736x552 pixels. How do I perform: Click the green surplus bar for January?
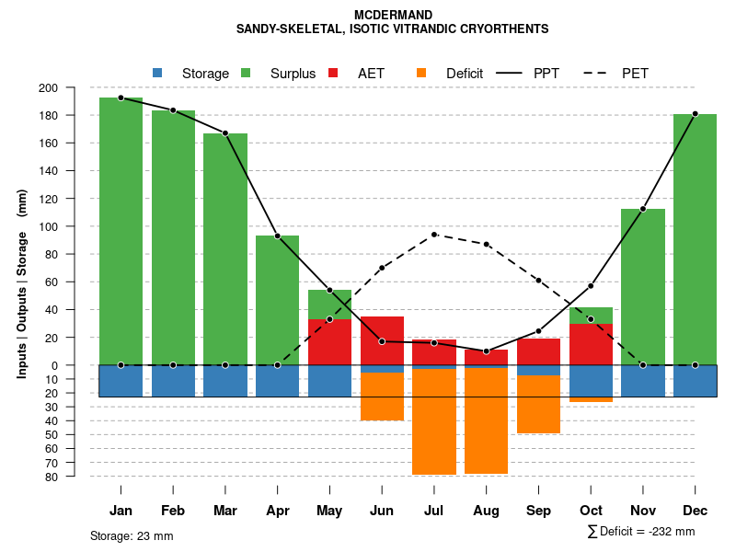pyautogui.click(x=121, y=230)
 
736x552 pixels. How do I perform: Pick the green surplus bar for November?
pyautogui.click(x=642, y=286)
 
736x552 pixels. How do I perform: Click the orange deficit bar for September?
pyautogui.click(x=538, y=404)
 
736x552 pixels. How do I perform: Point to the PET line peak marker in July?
pyautogui.click(x=434, y=235)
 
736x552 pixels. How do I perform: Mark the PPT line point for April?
pyautogui.click(x=277, y=236)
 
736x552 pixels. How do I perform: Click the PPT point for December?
pyautogui.click(x=695, y=114)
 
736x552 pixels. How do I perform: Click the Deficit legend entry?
pyautogui.click(x=451, y=74)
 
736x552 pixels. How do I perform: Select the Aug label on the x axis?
pyautogui.click(x=486, y=512)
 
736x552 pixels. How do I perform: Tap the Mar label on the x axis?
pyautogui.click(x=224, y=512)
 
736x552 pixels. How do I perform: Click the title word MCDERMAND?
pyautogui.click(x=393, y=15)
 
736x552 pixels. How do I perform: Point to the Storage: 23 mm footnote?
pyautogui.click(x=132, y=535)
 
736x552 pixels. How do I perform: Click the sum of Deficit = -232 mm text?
pyautogui.click(x=641, y=532)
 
